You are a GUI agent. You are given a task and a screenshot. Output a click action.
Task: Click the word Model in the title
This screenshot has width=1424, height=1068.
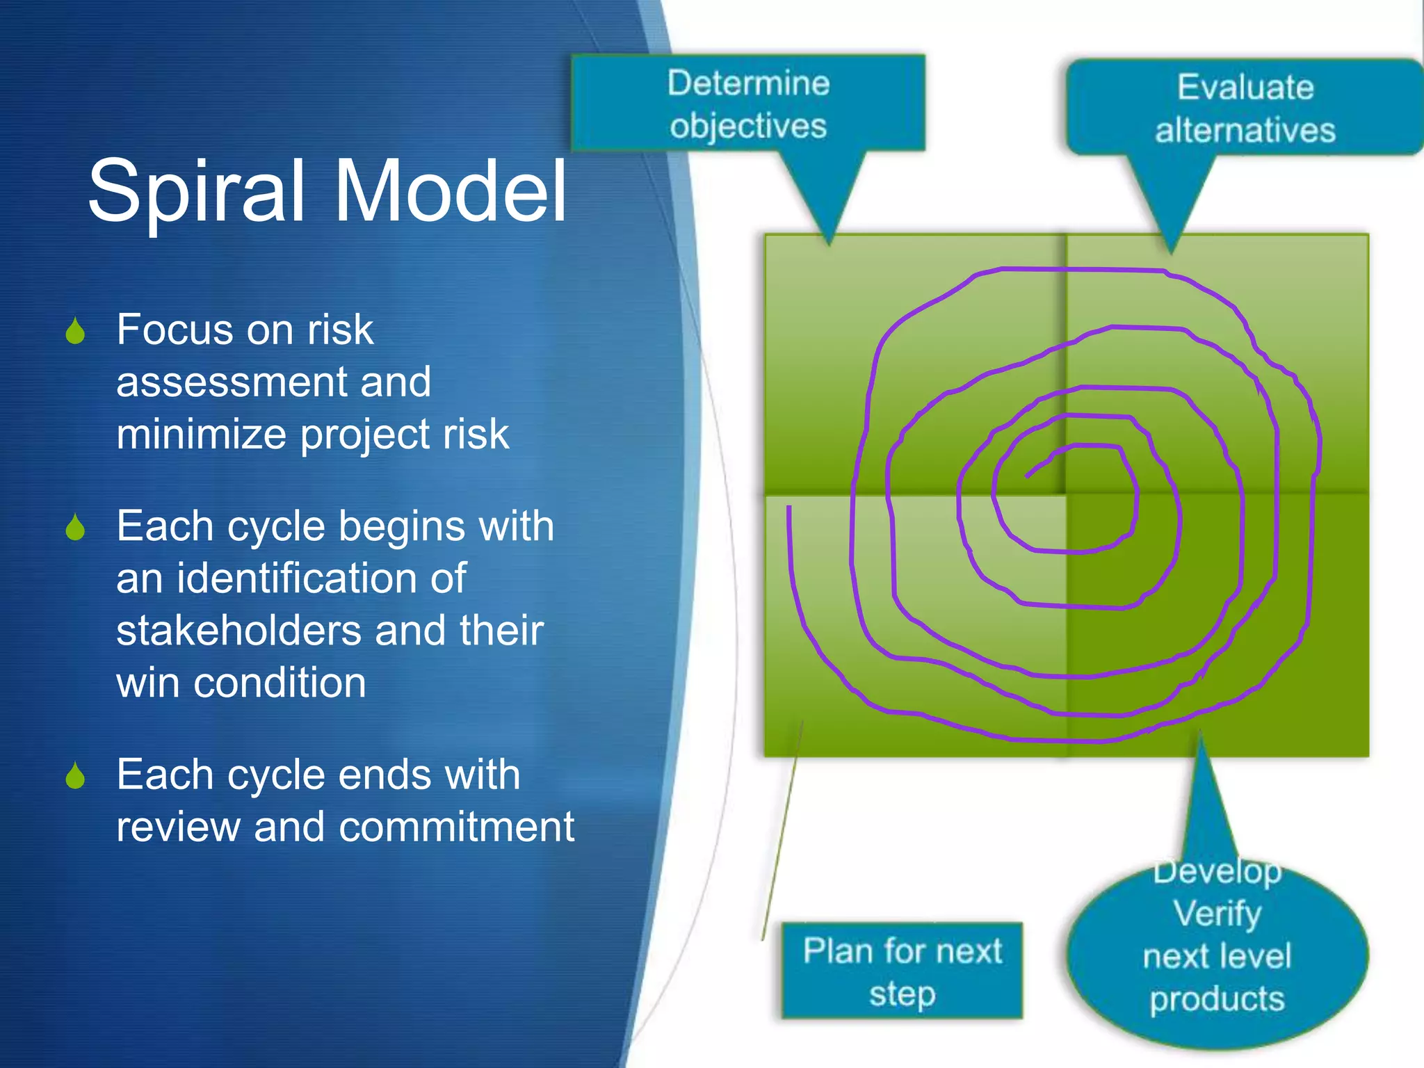click(x=451, y=191)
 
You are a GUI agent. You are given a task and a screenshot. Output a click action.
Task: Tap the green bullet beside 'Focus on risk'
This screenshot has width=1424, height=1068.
click(x=75, y=332)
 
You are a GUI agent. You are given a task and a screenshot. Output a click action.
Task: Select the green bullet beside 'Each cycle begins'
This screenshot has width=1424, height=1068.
click(x=75, y=528)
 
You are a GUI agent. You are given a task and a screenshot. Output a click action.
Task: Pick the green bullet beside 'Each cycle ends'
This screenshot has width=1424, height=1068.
click(x=75, y=776)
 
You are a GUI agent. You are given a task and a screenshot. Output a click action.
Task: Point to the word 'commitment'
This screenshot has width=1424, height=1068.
click(x=457, y=827)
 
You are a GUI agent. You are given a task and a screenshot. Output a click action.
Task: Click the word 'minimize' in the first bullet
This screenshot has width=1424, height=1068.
click(x=200, y=435)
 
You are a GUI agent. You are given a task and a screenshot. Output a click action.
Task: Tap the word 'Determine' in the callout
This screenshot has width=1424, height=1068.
click(x=748, y=83)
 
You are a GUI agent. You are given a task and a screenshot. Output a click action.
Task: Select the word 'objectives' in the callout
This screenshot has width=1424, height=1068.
click(x=748, y=127)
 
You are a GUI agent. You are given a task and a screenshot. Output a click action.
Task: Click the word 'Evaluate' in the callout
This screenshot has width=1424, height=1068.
click(x=1245, y=88)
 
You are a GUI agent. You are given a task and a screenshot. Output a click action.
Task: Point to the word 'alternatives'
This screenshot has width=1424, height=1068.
click(x=1245, y=131)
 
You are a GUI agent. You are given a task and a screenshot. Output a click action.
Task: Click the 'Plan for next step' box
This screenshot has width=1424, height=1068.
click(x=902, y=971)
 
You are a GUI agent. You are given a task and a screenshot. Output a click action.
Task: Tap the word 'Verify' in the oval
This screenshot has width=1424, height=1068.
click(x=1217, y=913)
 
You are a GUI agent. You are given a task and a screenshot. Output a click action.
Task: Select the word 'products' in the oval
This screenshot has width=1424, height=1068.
click(x=1217, y=999)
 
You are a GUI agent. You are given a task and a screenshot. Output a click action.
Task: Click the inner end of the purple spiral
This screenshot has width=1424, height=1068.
click(x=1027, y=477)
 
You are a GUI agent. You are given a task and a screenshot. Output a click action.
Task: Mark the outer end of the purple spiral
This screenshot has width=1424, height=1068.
click(x=789, y=508)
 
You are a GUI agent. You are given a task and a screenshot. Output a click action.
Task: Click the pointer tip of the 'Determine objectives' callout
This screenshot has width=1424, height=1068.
click(x=829, y=243)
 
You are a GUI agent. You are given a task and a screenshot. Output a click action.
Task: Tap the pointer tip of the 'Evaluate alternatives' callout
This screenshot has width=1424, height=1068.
click(x=1171, y=251)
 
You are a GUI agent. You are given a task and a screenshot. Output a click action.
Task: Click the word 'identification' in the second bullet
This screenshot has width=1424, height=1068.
click(x=321, y=578)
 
